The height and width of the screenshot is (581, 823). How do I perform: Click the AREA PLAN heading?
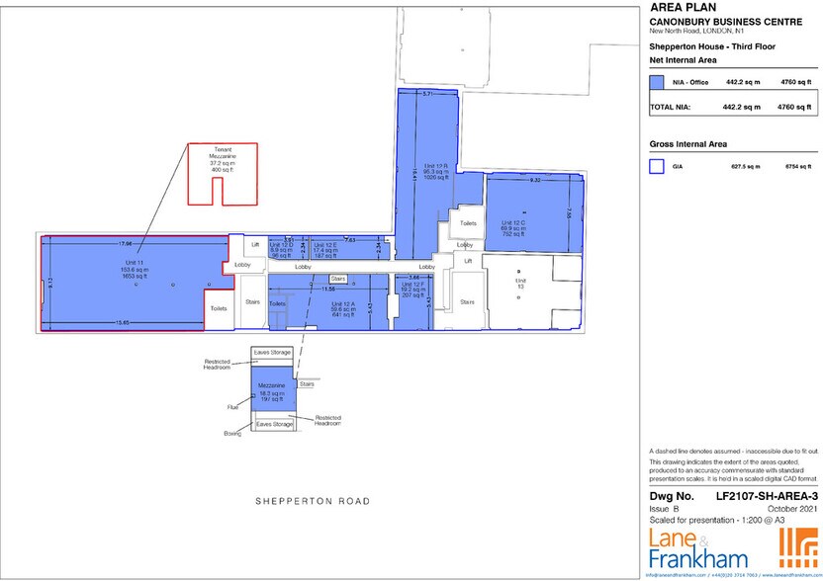[680, 8]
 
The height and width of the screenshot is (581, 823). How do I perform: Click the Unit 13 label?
[519, 284]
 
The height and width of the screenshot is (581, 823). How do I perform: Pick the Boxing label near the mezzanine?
[232, 432]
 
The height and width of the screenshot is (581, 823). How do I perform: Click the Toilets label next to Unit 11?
[219, 308]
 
